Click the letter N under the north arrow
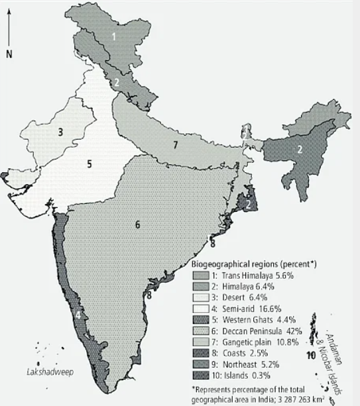9,54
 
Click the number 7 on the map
175,144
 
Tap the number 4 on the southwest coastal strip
78,316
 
